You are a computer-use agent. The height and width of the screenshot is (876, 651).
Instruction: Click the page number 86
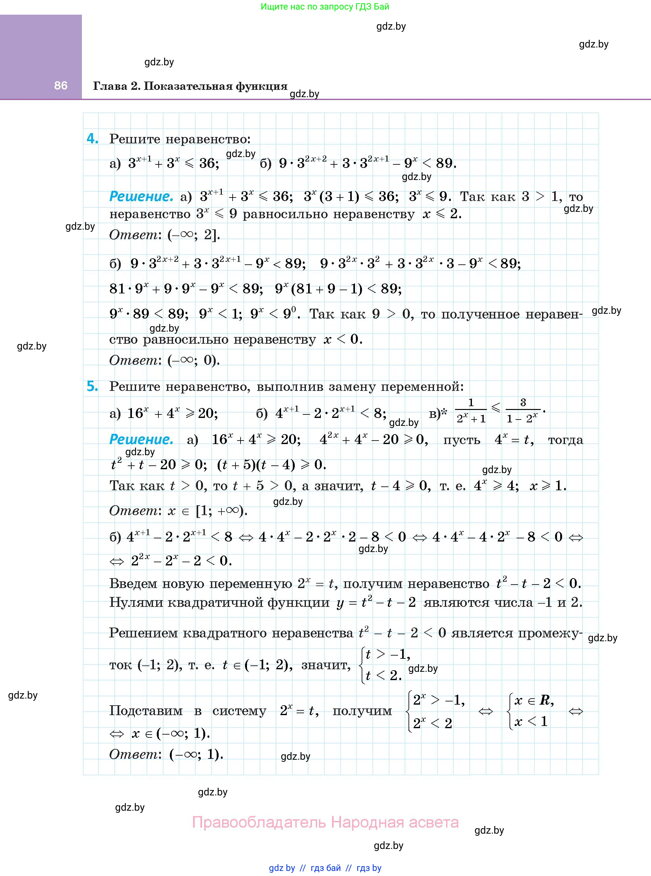pyautogui.click(x=61, y=85)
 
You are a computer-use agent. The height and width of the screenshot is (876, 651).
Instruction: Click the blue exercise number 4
pyautogui.click(x=92, y=139)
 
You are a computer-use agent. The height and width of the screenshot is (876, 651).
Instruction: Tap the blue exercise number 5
pyautogui.click(x=92, y=386)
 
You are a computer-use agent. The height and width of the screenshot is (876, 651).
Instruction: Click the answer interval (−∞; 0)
pyautogui.click(x=193, y=360)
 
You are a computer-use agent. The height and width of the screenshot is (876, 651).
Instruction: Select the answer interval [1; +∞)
pyautogui.click(x=222, y=511)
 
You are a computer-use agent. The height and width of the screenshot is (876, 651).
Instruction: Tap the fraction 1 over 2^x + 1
pyautogui.click(x=471, y=411)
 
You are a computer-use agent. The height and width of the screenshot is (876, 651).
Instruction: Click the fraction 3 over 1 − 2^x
pyautogui.click(x=523, y=411)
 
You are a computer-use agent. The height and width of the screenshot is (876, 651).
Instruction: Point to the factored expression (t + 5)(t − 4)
pyautogui.click(x=256, y=465)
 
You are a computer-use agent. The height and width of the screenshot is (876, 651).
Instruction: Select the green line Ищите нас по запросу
pyautogui.click(x=325, y=7)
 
